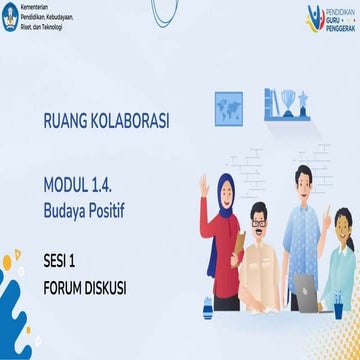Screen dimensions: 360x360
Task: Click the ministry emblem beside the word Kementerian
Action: [10, 16]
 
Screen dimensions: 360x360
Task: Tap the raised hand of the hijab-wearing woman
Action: [204, 185]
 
